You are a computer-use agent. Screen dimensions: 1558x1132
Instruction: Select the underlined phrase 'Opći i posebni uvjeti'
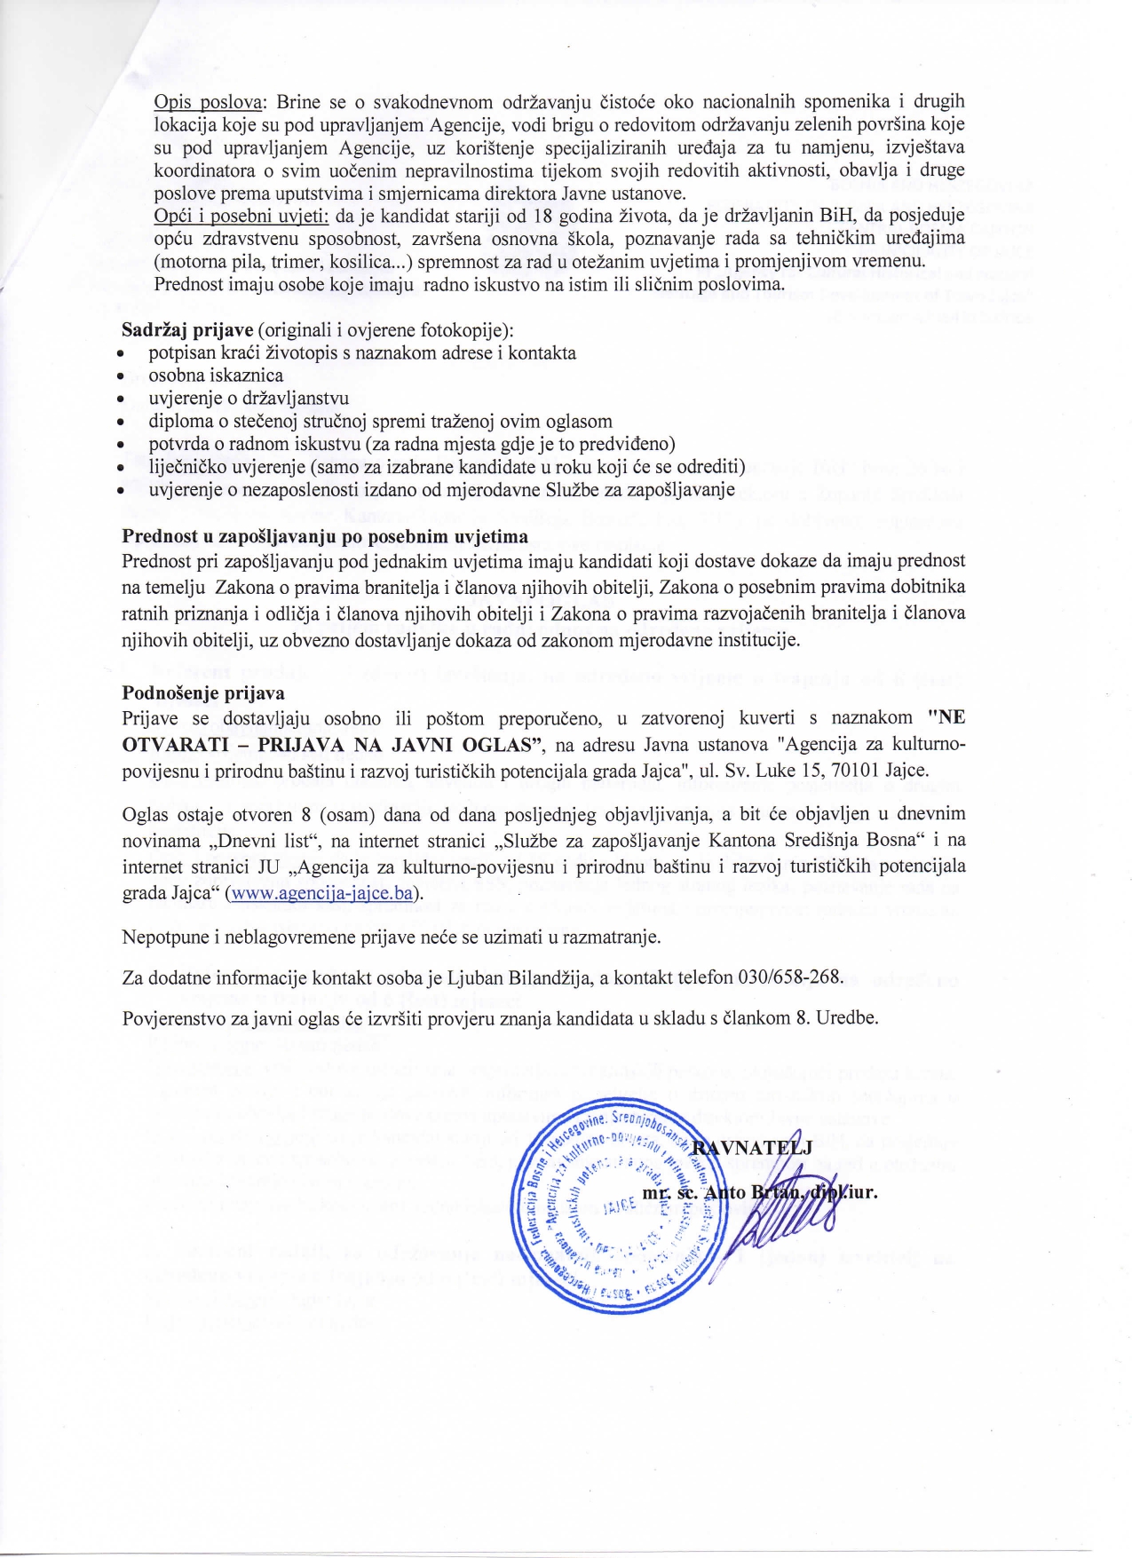pos(241,216)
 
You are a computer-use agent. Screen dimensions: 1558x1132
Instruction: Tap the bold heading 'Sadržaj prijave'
pos(187,330)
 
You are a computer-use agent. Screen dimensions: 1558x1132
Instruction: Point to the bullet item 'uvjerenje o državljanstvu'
pos(249,399)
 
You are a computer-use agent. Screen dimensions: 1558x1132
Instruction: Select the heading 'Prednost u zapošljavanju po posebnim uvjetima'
pos(325,536)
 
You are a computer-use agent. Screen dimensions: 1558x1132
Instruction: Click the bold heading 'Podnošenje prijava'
pos(203,692)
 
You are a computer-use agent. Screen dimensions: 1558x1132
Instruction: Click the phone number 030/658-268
pos(789,977)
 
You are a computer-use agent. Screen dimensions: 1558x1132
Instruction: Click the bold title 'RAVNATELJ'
pos(752,1149)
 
